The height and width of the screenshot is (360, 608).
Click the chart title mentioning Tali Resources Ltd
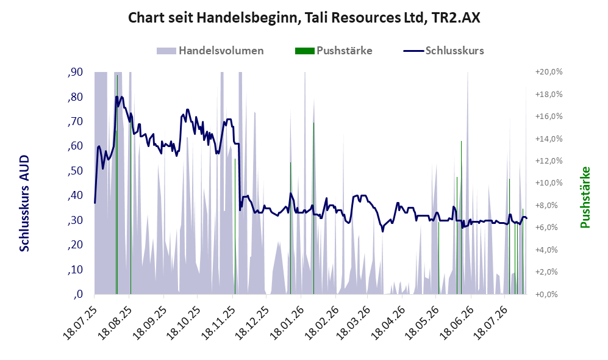[x=304, y=18]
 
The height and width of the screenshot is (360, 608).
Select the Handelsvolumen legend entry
[x=210, y=51]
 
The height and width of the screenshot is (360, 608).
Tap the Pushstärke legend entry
[x=334, y=51]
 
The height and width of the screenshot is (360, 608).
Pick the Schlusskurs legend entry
[x=443, y=51]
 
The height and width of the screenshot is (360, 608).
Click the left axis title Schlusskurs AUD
[x=24, y=203]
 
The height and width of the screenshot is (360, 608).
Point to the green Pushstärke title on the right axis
[x=585, y=198]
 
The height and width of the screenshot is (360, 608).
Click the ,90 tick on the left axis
[x=75, y=72]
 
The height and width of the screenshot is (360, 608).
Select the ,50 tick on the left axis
[x=75, y=171]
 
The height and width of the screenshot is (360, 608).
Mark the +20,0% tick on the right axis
[x=549, y=72]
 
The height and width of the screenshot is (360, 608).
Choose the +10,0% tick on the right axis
[x=549, y=183]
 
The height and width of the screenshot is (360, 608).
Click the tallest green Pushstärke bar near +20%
[x=117, y=185]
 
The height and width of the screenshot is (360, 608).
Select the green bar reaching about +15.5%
[x=313, y=208]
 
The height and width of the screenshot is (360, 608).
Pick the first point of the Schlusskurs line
[x=95, y=203]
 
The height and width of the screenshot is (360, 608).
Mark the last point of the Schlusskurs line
[x=526, y=218]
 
